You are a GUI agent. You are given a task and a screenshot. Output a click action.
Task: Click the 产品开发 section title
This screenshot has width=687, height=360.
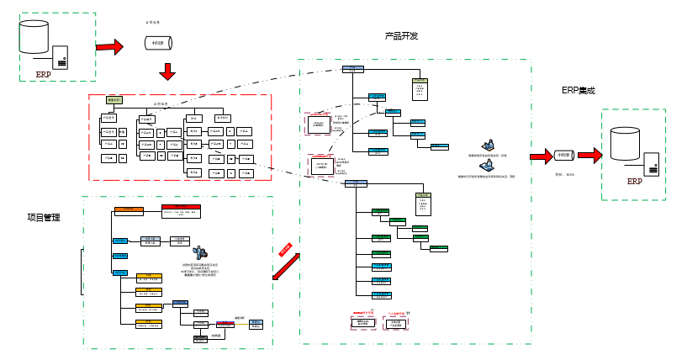pyautogui.click(x=401, y=36)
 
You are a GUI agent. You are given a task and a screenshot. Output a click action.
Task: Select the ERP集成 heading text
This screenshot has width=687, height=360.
pyautogui.click(x=578, y=91)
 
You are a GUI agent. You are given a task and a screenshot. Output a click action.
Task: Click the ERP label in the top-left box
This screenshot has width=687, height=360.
pyautogui.click(x=43, y=74)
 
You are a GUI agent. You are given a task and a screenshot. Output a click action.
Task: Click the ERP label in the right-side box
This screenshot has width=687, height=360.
pyautogui.click(x=634, y=182)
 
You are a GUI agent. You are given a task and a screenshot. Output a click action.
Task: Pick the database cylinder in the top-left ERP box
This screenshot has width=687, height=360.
pyautogui.click(x=34, y=36)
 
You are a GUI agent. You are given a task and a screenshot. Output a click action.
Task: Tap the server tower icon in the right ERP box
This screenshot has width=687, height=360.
pyautogui.click(x=653, y=166)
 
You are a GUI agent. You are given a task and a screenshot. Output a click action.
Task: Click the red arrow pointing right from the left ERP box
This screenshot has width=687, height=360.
pyautogui.click(x=109, y=47)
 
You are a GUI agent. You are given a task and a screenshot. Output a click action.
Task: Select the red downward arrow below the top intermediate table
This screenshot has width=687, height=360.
pyautogui.click(x=167, y=71)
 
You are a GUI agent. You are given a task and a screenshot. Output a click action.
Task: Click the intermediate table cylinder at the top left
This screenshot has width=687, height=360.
pyautogui.click(x=157, y=42)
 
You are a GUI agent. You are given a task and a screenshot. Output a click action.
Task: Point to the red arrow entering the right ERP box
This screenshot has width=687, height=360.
pyautogui.click(x=589, y=156)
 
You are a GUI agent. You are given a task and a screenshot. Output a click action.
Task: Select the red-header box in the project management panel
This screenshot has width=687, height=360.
pyautogui.click(x=182, y=209)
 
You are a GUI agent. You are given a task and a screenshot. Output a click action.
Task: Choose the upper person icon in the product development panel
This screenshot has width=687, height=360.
pyautogui.click(x=487, y=146)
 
